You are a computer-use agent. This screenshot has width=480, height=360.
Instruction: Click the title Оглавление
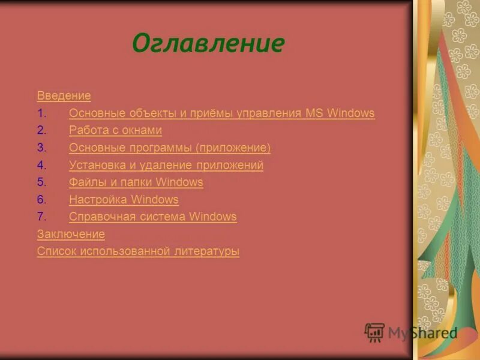click(208, 44)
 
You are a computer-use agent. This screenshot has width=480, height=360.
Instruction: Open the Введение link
click(64, 95)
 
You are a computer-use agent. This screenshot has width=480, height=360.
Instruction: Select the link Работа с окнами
click(115, 130)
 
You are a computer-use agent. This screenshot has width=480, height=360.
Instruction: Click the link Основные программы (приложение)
click(170, 148)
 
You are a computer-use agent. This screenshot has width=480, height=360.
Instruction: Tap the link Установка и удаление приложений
click(166, 165)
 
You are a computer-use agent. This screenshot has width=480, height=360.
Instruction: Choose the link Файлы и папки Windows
click(136, 182)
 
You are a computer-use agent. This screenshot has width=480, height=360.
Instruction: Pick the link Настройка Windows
click(124, 199)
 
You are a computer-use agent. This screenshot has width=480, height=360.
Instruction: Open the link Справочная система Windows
click(153, 217)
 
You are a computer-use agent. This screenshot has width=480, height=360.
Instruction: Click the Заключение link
click(71, 234)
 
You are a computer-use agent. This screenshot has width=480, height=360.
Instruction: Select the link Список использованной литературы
click(138, 251)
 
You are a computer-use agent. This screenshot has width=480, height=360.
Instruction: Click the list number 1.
click(41, 113)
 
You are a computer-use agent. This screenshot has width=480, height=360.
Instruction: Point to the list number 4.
click(41, 165)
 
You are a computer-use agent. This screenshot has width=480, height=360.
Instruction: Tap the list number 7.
click(41, 217)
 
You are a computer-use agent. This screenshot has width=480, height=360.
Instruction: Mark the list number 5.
click(41, 182)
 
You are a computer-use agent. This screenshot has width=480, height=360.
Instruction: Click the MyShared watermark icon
click(374, 332)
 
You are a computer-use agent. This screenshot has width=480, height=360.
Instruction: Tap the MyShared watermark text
click(422, 333)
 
